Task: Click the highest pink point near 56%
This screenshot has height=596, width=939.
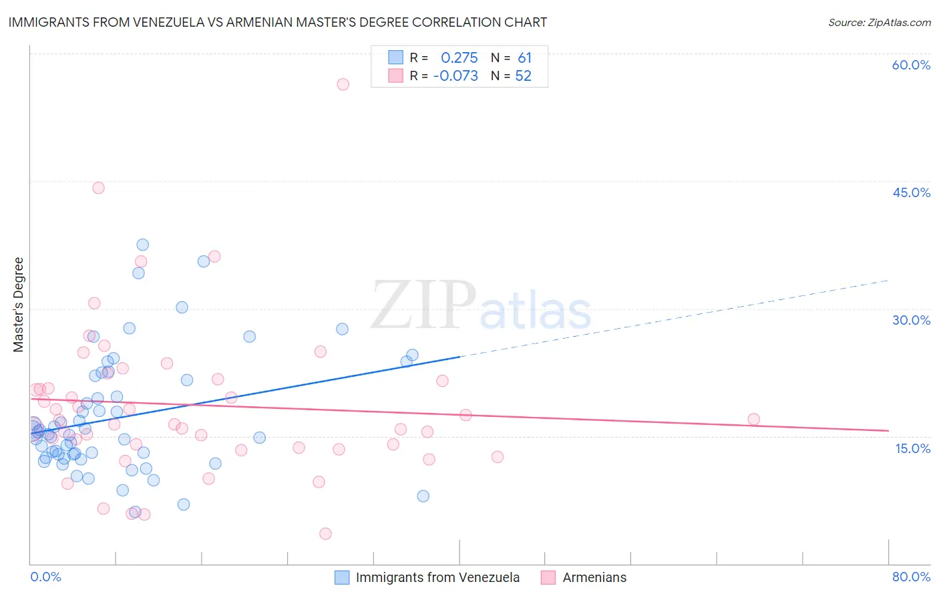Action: (x=343, y=84)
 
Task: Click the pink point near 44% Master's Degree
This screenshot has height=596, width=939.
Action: (x=98, y=188)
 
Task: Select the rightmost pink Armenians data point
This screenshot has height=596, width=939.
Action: (x=754, y=419)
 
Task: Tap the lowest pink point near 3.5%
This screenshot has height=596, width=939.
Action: (x=325, y=533)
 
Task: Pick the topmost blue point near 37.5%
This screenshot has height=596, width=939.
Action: (x=142, y=245)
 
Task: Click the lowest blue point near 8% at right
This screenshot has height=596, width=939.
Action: (x=423, y=496)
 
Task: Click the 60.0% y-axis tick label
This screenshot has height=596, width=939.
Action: (x=911, y=65)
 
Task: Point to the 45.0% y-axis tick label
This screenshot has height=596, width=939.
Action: (x=911, y=192)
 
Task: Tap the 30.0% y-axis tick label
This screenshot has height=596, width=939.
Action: (x=911, y=320)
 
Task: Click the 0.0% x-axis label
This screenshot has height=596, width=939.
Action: (x=45, y=577)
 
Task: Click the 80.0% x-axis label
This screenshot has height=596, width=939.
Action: (x=911, y=577)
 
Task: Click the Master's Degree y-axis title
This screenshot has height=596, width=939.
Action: (x=19, y=305)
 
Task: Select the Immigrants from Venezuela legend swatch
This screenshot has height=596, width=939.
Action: (x=342, y=577)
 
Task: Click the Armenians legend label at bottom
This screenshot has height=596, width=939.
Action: (x=594, y=577)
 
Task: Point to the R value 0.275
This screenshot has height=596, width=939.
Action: (x=459, y=58)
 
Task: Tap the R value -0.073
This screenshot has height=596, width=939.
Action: (x=455, y=76)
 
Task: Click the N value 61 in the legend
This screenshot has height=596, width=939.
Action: (x=524, y=58)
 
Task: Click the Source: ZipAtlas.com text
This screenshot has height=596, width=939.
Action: (x=879, y=23)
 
